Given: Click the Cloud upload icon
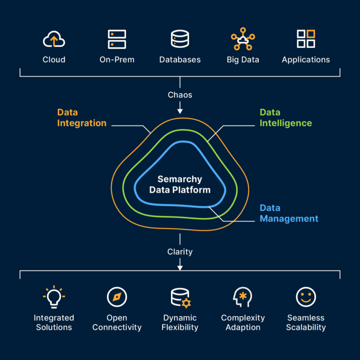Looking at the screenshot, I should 54,39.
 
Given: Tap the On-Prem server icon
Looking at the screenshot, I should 117,39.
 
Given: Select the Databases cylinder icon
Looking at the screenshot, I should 180,39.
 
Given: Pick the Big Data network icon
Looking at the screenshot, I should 243,39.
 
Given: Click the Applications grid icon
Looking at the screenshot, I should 306,39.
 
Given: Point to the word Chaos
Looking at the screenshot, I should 180,95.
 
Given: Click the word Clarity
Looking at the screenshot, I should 180,252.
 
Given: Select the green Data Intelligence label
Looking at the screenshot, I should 285,118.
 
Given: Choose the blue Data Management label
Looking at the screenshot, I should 289,213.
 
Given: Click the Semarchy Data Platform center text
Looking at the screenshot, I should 180,184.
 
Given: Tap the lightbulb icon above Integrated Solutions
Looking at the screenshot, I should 54,297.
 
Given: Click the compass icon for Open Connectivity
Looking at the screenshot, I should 117,297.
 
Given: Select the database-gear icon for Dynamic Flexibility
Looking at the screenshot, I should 180,298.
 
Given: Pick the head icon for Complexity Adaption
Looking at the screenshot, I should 243,297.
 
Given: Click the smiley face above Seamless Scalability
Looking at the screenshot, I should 306,297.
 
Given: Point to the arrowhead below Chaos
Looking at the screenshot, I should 180,111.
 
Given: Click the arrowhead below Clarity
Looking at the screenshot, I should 180,268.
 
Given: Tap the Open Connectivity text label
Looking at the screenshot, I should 117,322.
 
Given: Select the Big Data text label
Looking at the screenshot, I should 243,60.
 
